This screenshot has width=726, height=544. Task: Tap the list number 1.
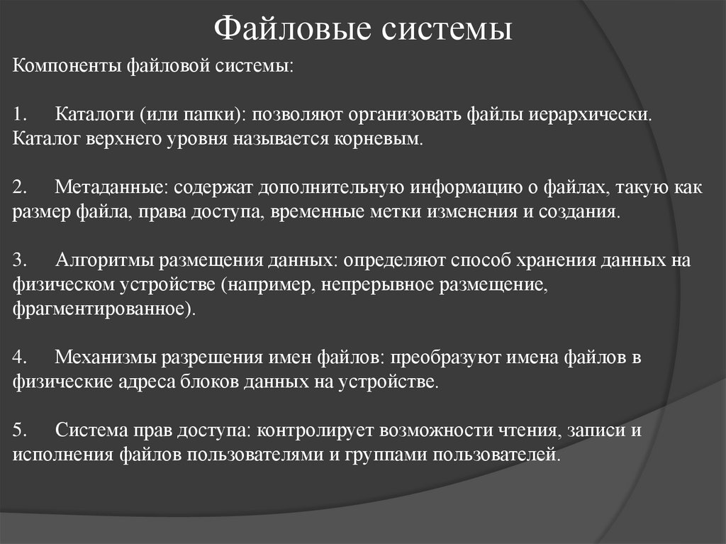19,114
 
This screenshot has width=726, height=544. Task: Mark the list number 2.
20,187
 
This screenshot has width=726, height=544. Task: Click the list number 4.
20,358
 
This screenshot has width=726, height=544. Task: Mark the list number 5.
20,431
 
